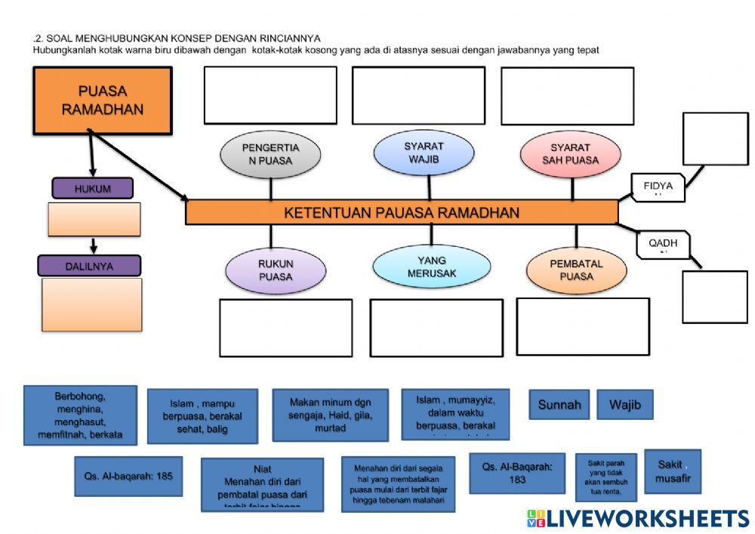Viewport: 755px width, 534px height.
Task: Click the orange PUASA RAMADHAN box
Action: click(103, 100)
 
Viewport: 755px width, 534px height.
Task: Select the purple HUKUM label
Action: click(92, 189)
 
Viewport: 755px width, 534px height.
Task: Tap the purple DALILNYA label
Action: click(90, 265)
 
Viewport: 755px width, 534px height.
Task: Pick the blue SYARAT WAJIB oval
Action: click(424, 153)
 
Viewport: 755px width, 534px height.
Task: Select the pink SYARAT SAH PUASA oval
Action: click(570, 153)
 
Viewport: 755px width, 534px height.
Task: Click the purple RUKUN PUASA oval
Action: click(275, 270)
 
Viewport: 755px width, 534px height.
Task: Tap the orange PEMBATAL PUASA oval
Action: click(576, 270)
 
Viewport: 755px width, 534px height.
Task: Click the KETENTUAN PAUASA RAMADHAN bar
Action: click(402, 213)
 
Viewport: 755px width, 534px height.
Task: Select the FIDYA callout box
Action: click(658, 187)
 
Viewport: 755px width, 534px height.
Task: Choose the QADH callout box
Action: click(662, 244)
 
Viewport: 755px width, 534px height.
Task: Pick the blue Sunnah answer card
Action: click(559, 405)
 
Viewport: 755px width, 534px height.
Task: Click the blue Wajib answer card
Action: click(625, 405)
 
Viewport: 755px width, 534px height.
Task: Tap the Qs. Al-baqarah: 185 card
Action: click(128, 476)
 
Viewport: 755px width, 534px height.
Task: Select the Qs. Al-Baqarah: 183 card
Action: click(517, 473)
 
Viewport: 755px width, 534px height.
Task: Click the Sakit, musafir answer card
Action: click(672, 471)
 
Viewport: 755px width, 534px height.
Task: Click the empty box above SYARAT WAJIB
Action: click(418, 95)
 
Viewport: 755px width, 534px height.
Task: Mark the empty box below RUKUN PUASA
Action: click(285, 328)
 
